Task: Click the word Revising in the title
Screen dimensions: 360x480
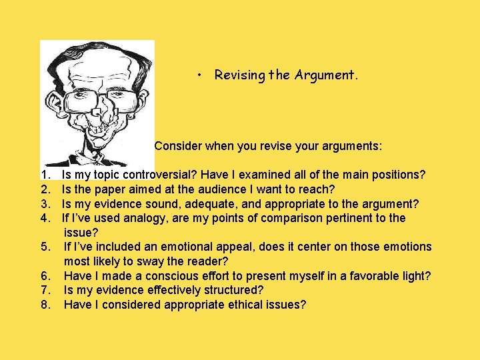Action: (239, 75)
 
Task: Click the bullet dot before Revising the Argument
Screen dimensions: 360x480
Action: (200, 75)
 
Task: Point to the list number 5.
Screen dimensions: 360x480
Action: (45, 247)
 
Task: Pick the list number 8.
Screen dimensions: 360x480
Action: (45, 305)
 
